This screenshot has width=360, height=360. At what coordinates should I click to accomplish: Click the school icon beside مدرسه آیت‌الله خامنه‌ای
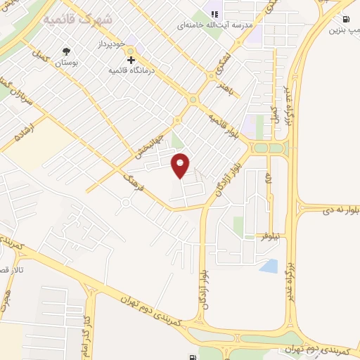click(215, 13)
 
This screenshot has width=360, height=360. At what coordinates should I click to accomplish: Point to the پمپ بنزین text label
click(344, 30)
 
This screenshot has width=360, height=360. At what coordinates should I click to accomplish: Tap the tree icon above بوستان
click(67, 51)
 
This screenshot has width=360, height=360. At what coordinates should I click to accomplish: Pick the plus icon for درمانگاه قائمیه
click(131, 60)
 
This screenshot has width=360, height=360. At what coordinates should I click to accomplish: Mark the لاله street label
click(269, 182)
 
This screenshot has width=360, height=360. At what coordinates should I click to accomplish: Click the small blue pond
click(269, 266)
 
